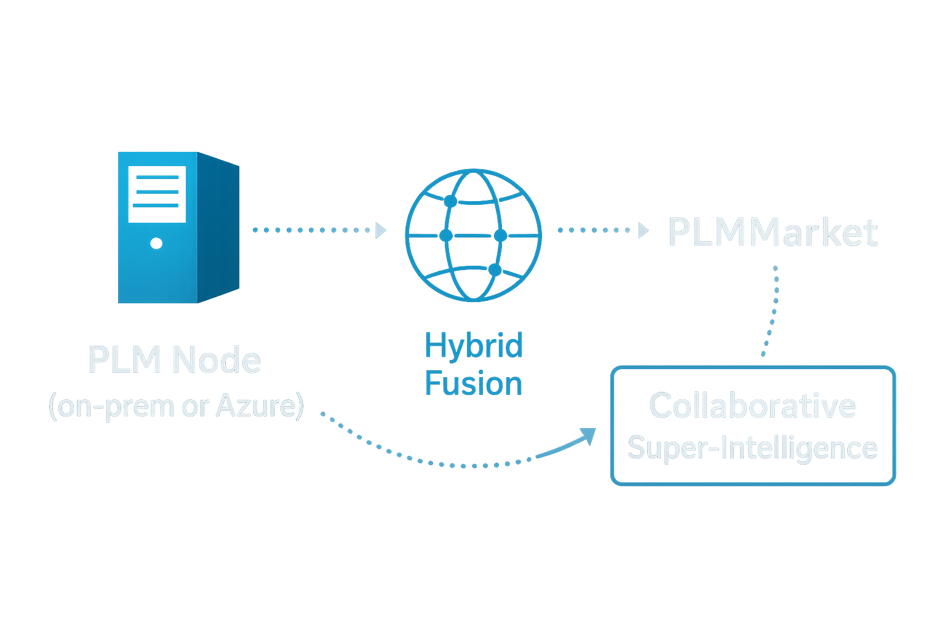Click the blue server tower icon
[178, 228]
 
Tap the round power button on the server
[157, 244]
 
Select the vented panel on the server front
[157, 193]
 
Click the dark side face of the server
[218, 228]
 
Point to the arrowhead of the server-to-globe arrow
[381, 230]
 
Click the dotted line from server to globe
[311, 230]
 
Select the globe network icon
[473, 236]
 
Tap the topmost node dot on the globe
[450, 202]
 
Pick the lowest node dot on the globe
[495, 269]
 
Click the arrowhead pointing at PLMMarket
[644, 231]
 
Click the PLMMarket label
[773, 233]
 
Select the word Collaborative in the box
[752, 405]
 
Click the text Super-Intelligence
[752, 447]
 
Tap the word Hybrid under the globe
[474, 346]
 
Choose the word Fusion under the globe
[474, 383]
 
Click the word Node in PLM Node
[217, 360]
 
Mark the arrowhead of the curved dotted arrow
[589, 436]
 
